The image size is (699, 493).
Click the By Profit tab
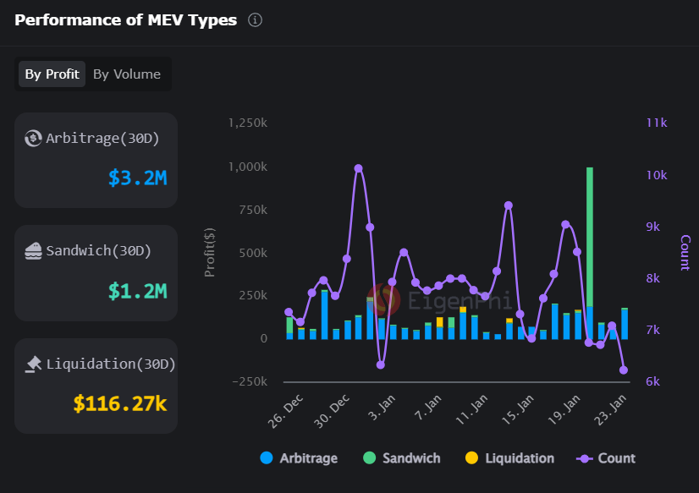click(52, 74)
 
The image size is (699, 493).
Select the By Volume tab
click(127, 74)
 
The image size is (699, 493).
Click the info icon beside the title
click(255, 20)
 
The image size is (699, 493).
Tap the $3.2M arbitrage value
click(138, 178)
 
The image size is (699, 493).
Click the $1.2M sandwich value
click(138, 291)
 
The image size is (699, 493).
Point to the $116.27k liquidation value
click(120, 403)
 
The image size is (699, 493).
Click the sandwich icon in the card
click(34, 251)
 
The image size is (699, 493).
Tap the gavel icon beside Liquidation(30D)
click(34, 364)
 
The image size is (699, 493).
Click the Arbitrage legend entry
click(299, 457)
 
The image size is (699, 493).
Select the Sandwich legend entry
click(402, 457)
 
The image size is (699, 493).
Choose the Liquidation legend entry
click(509, 457)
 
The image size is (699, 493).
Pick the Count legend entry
click(606, 457)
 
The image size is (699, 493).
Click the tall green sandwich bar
click(590, 237)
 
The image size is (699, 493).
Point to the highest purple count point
click(359, 168)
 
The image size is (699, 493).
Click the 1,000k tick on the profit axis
click(248, 167)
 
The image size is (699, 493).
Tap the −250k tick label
click(250, 381)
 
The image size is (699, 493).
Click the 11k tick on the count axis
click(657, 123)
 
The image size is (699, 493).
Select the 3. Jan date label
click(382, 407)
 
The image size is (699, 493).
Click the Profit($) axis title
click(210, 252)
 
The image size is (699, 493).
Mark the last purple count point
click(624, 370)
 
